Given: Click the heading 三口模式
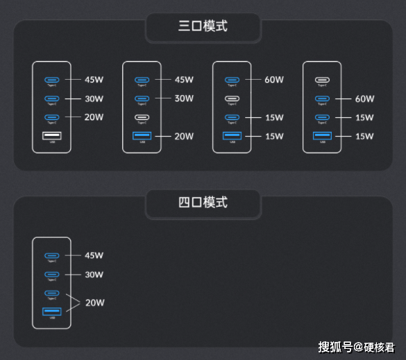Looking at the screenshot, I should click(203, 27).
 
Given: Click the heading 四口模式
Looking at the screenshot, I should click(203, 203).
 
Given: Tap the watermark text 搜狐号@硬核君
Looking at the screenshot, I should click(357, 346).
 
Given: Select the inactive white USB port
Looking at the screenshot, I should click(51, 136).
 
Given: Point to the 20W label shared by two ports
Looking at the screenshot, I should click(94, 302).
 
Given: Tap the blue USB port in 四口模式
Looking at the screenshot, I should click(51, 312).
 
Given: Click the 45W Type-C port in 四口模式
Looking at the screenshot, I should click(51, 256).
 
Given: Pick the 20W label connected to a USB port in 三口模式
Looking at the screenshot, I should click(183, 137).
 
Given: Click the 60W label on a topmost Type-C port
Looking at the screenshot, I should click(274, 80).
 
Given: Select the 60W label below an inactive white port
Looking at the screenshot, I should click(364, 99).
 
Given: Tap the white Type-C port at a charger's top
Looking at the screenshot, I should click(322, 80).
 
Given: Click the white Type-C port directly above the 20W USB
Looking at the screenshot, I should click(142, 117).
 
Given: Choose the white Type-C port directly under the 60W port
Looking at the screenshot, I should click(232, 98).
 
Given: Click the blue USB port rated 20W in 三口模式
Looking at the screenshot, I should click(142, 136).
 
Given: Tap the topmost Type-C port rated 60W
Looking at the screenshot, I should click(232, 80).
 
